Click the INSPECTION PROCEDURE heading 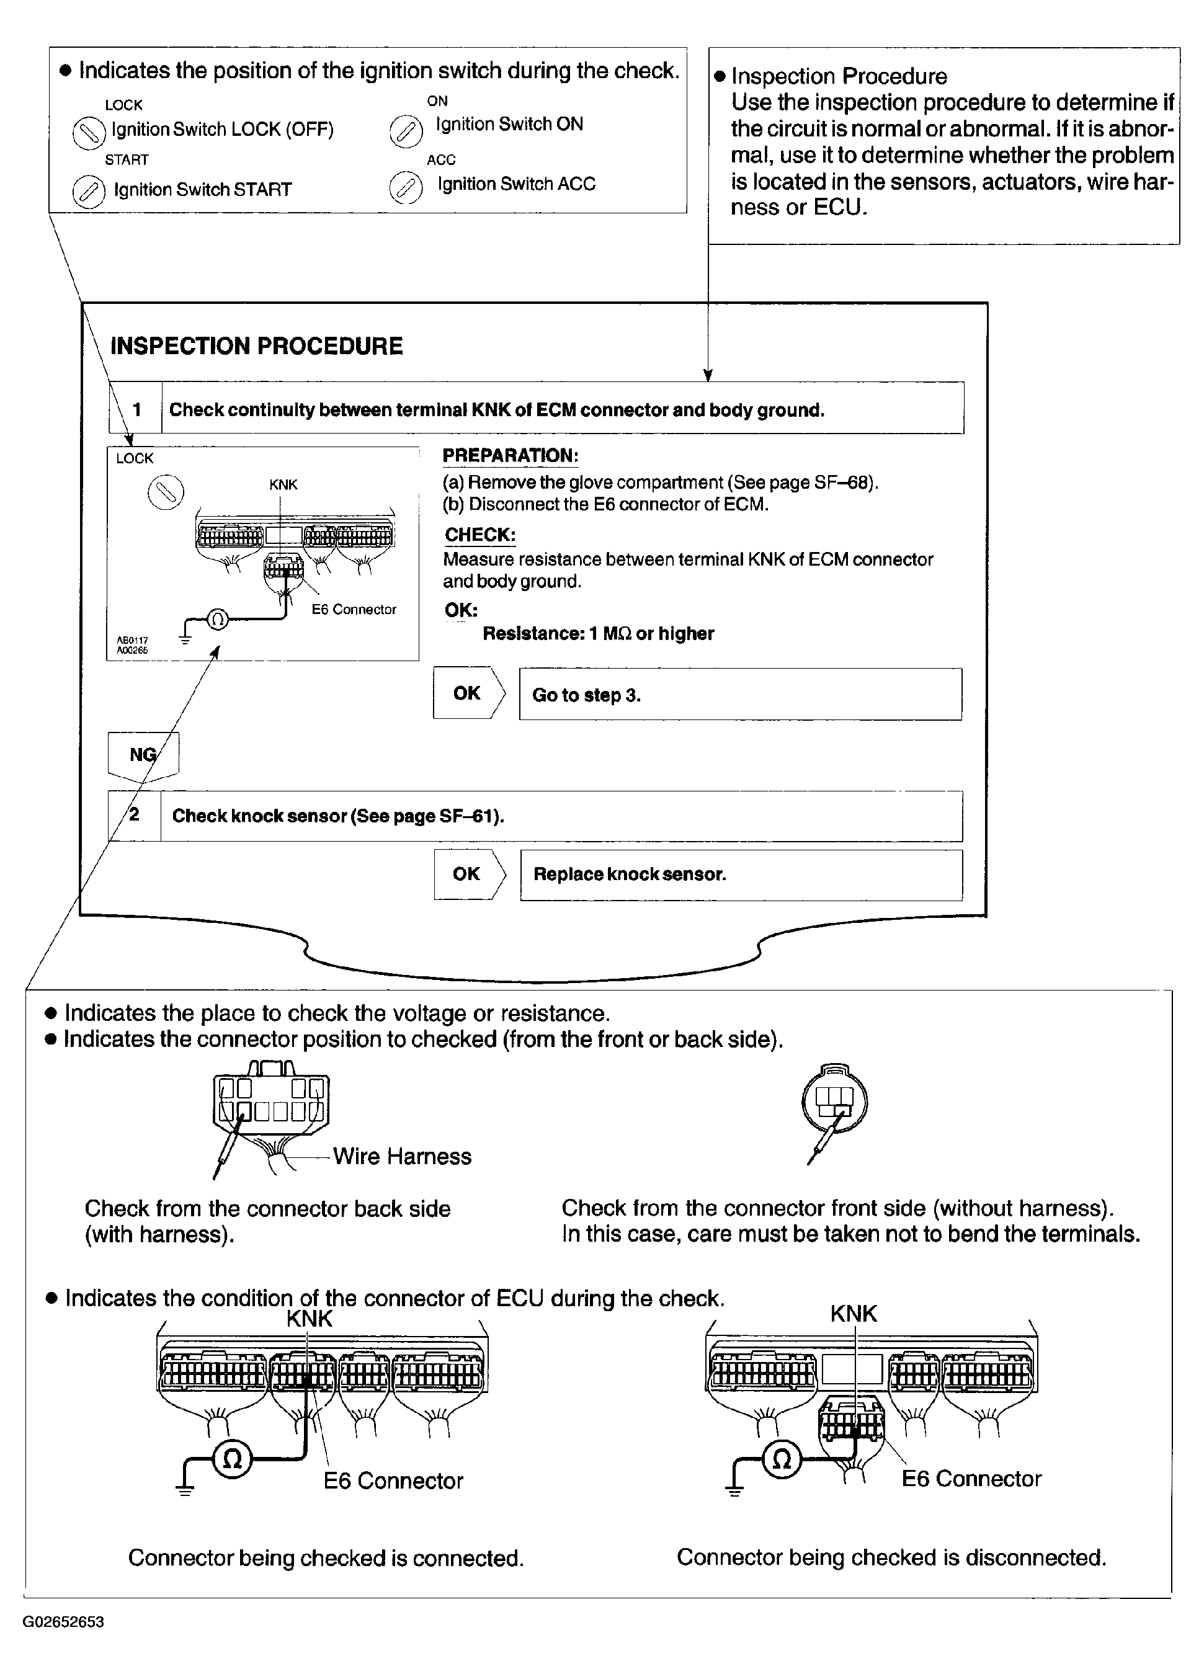tap(256, 346)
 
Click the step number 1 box tap(136, 409)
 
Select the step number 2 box tap(135, 815)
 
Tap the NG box tap(143, 754)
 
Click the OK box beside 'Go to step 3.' tap(466, 693)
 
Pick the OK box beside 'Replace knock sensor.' tap(466, 874)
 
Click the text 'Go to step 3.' tap(586, 695)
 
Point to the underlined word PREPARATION tap(510, 455)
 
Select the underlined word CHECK tap(480, 535)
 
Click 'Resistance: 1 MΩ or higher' tap(598, 633)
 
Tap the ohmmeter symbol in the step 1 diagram tap(217, 618)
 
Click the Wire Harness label tap(401, 1156)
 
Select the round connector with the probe tap(834, 1103)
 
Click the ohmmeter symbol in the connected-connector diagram tap(232, 1459)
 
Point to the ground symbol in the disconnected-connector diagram tap(734, 1487)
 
